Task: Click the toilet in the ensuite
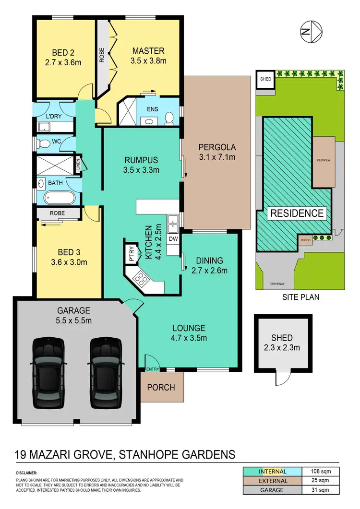(x=168, y=118)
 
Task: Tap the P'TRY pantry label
(x=131, y=253)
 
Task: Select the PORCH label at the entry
(x=161, y=387)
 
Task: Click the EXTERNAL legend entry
(x=274, y=481)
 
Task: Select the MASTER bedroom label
(x=148, y=51)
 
